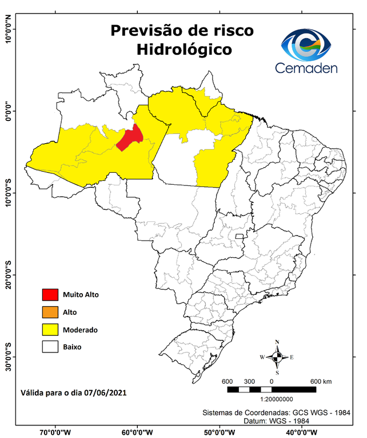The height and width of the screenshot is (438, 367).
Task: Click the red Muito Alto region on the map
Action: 130,138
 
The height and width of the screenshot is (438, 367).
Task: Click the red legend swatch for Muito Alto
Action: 50,295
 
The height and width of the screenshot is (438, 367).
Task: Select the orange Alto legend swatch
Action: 50,312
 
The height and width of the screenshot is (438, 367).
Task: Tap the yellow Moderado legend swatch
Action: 50,330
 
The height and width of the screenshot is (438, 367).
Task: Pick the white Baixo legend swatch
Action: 50,347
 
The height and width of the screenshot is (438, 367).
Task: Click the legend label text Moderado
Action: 81,330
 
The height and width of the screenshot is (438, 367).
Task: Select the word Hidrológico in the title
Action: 184,50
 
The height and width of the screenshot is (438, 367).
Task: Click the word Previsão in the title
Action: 143,30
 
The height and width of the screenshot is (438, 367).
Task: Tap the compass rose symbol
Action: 277,358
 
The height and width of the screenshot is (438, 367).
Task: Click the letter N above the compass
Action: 277,342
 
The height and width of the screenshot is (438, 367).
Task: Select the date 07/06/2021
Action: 105,392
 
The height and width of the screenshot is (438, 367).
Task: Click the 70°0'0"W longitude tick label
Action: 55,432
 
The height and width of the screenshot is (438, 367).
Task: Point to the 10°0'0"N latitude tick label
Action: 8,29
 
